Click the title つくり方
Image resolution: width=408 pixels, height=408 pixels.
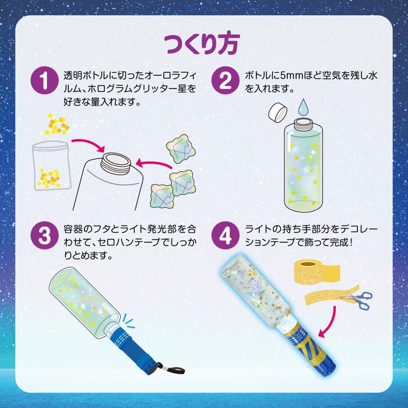pyautogui.click(x=203, y=43)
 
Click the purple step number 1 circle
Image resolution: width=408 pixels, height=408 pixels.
pyautogui.click(x=44, y=80)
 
